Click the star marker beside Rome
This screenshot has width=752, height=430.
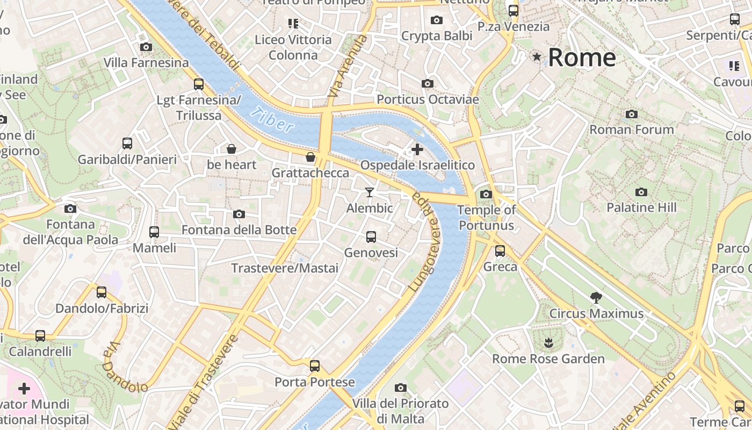(536, 56)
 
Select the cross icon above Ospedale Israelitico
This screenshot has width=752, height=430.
(417, 149)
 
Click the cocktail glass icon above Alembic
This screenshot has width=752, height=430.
(370, 192)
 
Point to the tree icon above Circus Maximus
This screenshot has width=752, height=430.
(596, 297)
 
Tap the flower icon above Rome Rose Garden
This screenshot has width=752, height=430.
(548, 342)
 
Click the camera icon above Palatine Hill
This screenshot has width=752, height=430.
(641, 192)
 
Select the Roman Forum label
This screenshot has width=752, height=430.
(632, 130)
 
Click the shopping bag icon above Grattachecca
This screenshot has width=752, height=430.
(310, 157)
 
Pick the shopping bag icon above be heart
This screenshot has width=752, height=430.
(232, 148)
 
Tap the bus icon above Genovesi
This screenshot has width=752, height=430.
(371, 236)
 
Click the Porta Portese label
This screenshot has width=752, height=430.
(315, 382)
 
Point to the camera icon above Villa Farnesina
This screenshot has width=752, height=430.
(146, 47)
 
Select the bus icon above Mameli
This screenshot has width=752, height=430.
(154, 232)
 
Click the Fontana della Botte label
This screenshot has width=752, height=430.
(239, 230)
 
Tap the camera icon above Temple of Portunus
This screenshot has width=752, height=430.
(486, 194)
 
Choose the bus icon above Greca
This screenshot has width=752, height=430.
(500, 250)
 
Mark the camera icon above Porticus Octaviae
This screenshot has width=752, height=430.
(428, 83)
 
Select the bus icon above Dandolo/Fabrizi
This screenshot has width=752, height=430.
(102, 292)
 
